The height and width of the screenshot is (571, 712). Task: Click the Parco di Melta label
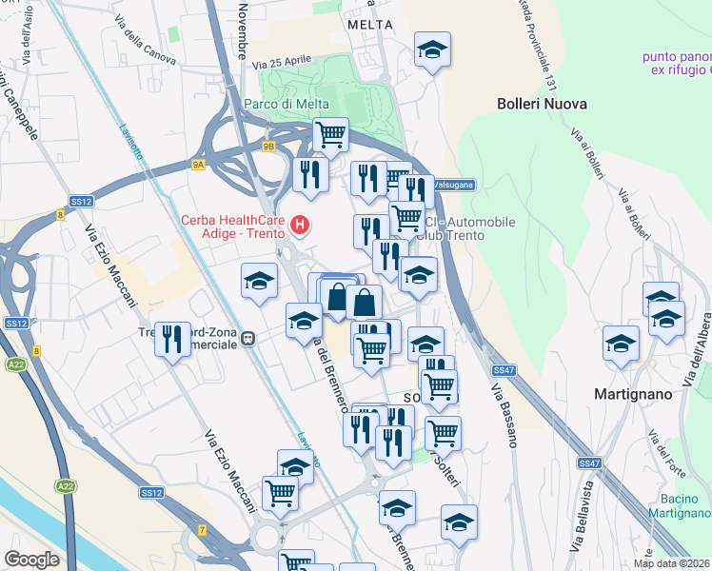coord(286,104)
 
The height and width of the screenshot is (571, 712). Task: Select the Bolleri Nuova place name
coord(542,103)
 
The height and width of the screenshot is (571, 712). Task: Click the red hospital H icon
coord(301,225)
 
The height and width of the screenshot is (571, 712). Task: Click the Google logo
coord(30,560)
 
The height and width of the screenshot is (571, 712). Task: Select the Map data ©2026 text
coord(672,563)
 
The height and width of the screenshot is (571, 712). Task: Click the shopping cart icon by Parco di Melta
coord(330,135)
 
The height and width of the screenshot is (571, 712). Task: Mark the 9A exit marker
coord(198,165)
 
